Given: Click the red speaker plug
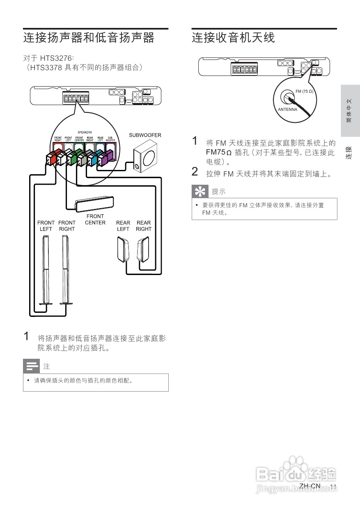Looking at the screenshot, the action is [52, 158].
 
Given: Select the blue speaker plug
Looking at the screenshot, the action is [93, 158].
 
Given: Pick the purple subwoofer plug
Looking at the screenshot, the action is [104, 158].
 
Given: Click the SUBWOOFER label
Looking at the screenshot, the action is [145, 135].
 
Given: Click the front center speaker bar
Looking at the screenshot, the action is [94, 203].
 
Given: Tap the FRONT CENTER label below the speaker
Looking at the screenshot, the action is [95, 220].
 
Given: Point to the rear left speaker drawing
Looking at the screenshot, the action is [123, 250].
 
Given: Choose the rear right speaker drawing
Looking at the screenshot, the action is [143, 250].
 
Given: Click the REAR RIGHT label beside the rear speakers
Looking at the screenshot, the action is [144, 226].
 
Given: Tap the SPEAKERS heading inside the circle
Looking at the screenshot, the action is [85, 133].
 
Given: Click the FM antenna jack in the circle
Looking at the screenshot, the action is [287, 98].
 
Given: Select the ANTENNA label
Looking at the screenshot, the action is [287, 110].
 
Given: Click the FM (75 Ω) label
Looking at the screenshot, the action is [304, 91].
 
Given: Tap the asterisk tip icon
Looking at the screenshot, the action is [200, 191].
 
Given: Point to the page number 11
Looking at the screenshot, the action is [333, 487].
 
